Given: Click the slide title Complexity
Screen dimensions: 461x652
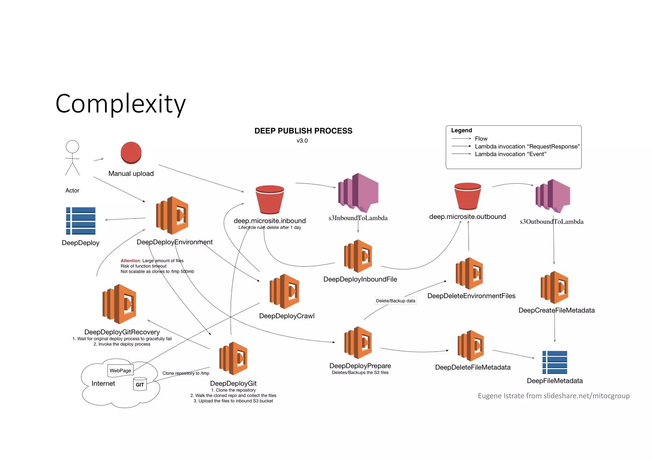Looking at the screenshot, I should point(120,104).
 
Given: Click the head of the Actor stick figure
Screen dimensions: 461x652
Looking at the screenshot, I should point(72,147).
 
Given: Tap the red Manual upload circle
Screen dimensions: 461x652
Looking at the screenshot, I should point(131,153).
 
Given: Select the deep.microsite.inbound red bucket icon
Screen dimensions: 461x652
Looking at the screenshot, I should point(270,200).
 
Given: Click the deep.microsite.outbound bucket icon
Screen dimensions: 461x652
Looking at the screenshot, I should point(467,196).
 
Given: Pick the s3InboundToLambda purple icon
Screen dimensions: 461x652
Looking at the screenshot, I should point(358,193).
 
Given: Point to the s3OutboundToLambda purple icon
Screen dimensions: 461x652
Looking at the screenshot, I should point(553,196).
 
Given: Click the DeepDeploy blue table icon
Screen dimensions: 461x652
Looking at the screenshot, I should point(81,221).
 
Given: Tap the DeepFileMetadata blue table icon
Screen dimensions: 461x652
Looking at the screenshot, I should point(555,362).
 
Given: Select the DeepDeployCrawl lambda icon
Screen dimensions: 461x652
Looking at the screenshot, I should point(284,291).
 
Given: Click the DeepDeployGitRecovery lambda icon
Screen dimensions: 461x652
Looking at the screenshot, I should point(119,304).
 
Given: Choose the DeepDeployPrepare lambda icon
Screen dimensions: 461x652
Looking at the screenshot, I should point(358,343).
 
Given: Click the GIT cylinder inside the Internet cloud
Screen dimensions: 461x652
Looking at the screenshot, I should point(140,384).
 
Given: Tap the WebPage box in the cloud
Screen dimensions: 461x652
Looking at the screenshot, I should point(120,370).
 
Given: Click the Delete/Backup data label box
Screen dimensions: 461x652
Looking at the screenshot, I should point(395,301).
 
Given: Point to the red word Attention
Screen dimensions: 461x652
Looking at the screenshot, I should point(130,261).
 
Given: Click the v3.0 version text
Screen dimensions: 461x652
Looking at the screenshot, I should point(302,141).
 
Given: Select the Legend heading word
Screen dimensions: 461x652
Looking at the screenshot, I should point(461,130).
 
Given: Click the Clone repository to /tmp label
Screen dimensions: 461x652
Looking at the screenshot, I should point(186,373).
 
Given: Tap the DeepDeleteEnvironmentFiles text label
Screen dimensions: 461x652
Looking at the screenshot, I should point(471,296).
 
